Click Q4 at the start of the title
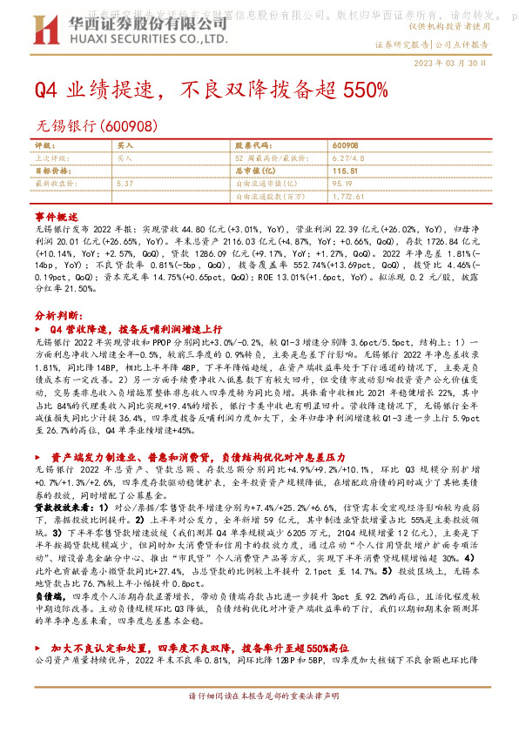(x=44, y=91)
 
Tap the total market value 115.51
(x=345, y=171)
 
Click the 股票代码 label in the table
(x=250, y=145)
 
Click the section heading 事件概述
(x=57, y=214)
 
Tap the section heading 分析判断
(x=59, y=315)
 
